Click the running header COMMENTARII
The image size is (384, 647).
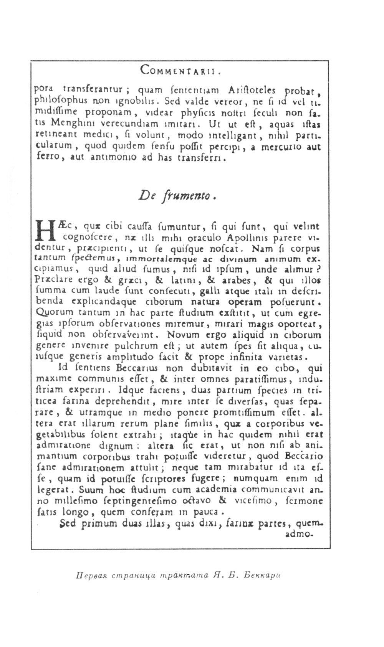[x=180, y=70]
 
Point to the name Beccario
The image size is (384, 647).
[x=305, y=456]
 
